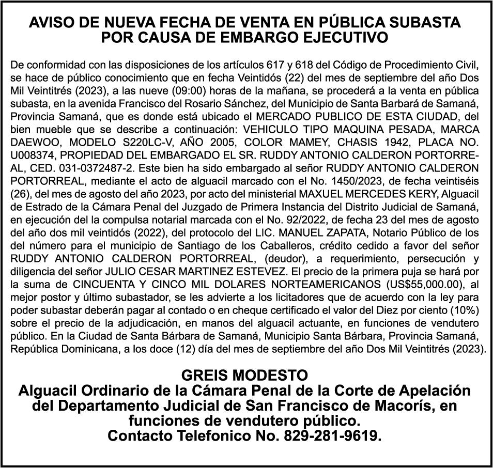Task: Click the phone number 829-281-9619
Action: pos(333,436)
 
